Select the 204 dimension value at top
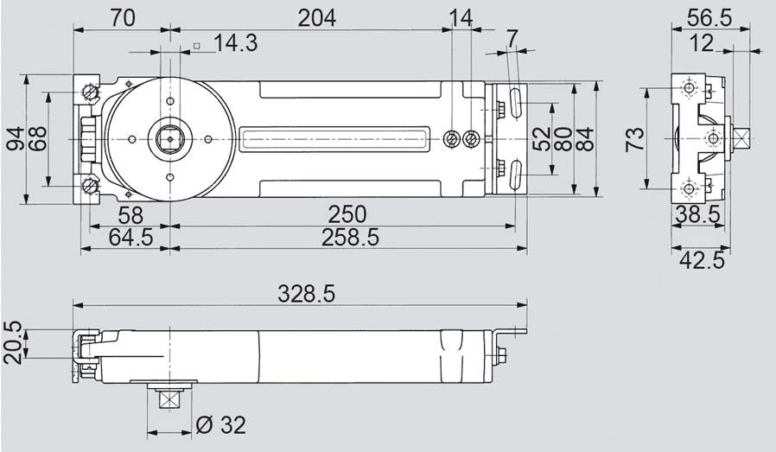[x=317, y=17]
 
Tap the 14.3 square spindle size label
[x=235, y=43]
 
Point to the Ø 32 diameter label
[x=220, y=424]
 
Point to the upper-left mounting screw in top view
[x=90, y=92]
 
